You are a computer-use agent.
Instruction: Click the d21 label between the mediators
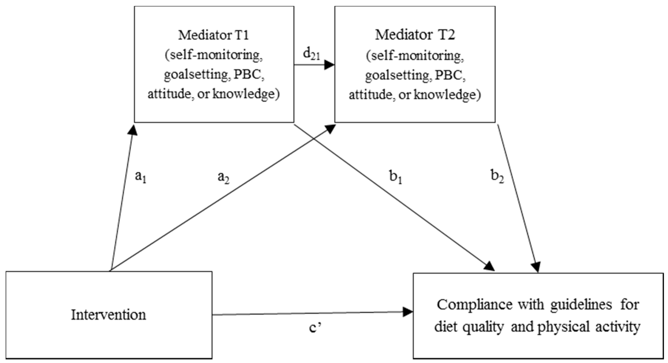(x=311, y=55)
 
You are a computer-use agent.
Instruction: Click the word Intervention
(x=108, y=315)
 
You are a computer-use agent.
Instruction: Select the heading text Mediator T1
(x=213, y=35)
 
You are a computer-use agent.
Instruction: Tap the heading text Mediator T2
(x=415, y=35)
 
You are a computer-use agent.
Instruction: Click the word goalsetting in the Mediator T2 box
(x=398, y=75)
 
